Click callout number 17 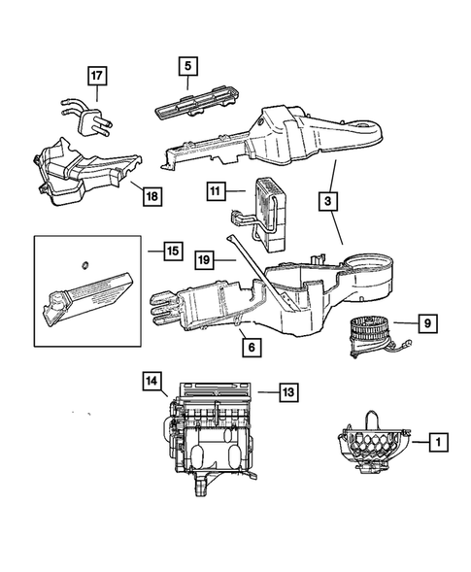(x=95, y=76)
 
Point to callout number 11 (x=215, y=193)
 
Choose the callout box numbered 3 (x=329, y=202)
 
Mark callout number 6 (x=251, y=347)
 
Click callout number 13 (x=288, y=392)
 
